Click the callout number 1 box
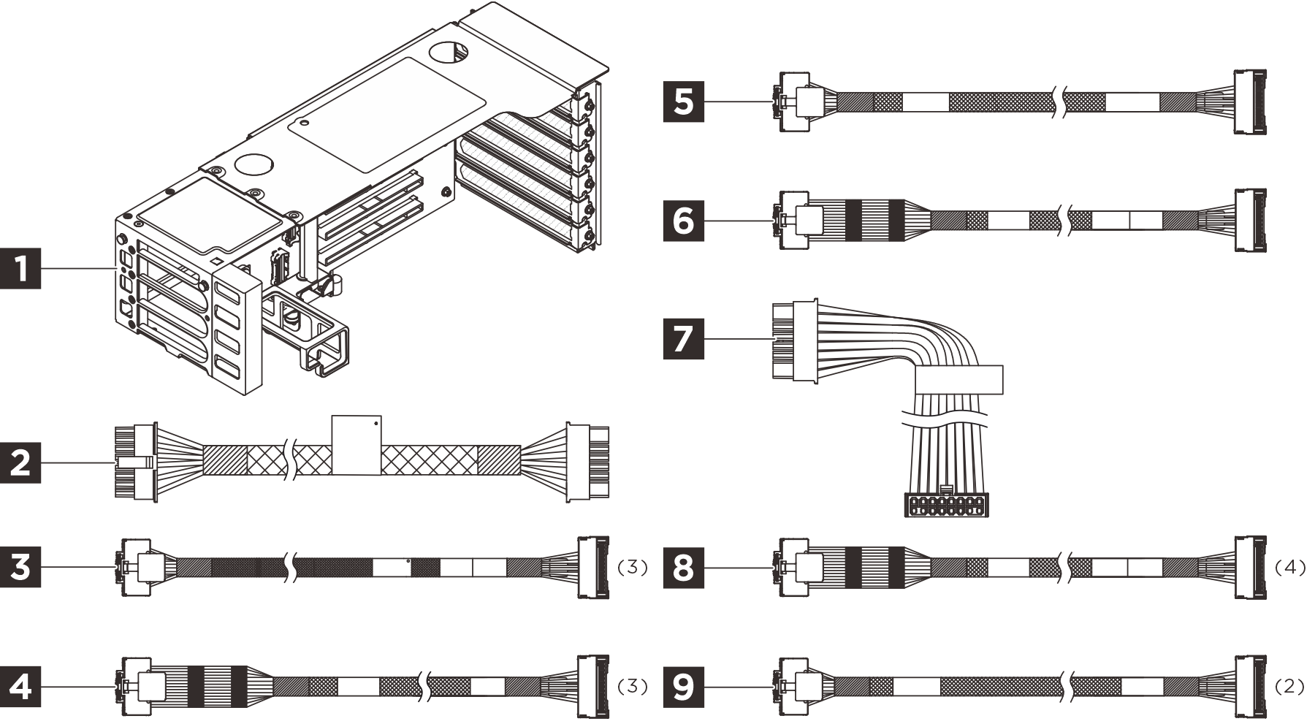(x=20, y=269)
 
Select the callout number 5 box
(x=683, y=101)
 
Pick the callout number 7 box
(x=683, y=338)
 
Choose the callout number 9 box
(x=683, y=687)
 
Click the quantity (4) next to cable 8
(x=1290, y=568)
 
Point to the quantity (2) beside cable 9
(x=1290, y=687)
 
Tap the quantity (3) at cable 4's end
(x=633, y=687)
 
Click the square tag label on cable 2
(x=356, y=446)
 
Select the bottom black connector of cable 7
(x=947, y=505)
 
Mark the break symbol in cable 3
(x=291, y=567)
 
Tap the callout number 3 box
(x=20, y=567)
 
